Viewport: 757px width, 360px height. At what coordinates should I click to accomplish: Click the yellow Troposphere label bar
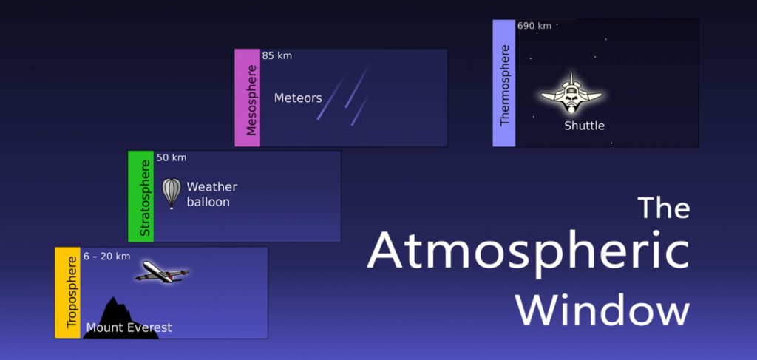click(x=67, y=293)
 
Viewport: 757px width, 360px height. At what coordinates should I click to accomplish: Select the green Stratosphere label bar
click(x=140, y=197)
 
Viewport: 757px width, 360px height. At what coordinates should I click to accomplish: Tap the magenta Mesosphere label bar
click(x=247, y=98)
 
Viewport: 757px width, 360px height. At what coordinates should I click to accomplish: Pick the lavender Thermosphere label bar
click(x=504, y=84)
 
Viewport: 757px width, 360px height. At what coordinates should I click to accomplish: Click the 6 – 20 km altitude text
click(x=107, y=257)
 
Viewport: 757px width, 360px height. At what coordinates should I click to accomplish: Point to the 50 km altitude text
click(x=172, y=157)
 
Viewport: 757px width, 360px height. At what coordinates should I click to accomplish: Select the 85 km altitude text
click(x=277, y=55)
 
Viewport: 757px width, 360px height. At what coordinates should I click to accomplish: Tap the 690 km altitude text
click(x=534, y=26)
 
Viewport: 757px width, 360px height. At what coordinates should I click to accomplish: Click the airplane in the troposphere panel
click(x=161, y=273)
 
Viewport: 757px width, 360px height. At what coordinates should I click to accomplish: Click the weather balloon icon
click(x=172, y=193)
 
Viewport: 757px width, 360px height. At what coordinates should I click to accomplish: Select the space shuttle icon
click(x=571, y=94)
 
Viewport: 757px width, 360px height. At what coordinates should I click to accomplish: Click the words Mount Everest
click(x=129, y=327)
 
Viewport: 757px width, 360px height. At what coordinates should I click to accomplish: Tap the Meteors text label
click(x=298, y=98)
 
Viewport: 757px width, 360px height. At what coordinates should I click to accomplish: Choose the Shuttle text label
click(x=584, y=126)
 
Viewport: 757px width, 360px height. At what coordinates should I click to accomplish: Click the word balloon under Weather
click(x=208, y=202)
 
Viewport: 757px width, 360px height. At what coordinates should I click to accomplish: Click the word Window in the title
click(x=602, y=310)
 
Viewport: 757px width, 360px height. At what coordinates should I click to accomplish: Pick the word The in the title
click(x=663, y=208)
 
